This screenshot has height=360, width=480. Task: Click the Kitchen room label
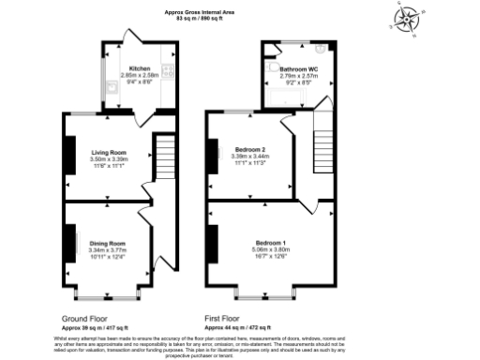139,68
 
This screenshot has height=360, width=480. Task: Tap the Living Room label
109,152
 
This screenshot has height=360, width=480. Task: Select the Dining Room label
108,243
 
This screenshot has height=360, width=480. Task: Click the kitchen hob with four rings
166,69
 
